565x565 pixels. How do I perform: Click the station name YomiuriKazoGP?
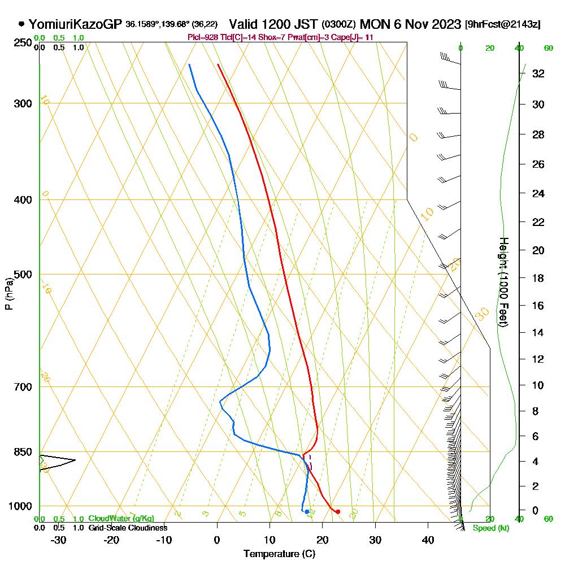[75, 24]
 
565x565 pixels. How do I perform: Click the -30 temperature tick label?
[59, 540]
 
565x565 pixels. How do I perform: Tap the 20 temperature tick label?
[322, 540]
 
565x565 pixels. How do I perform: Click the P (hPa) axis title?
[8, 294]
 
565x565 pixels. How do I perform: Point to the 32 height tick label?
[538, 73]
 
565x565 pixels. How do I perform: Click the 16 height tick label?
[538, 306]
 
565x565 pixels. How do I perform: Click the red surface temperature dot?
[338, 512]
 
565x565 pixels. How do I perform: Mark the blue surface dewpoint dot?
[307, 512]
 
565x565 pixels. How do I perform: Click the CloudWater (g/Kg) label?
[121, 519]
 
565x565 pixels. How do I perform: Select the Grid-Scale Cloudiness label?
[127, 528]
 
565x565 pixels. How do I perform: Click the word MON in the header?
[373, 24]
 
